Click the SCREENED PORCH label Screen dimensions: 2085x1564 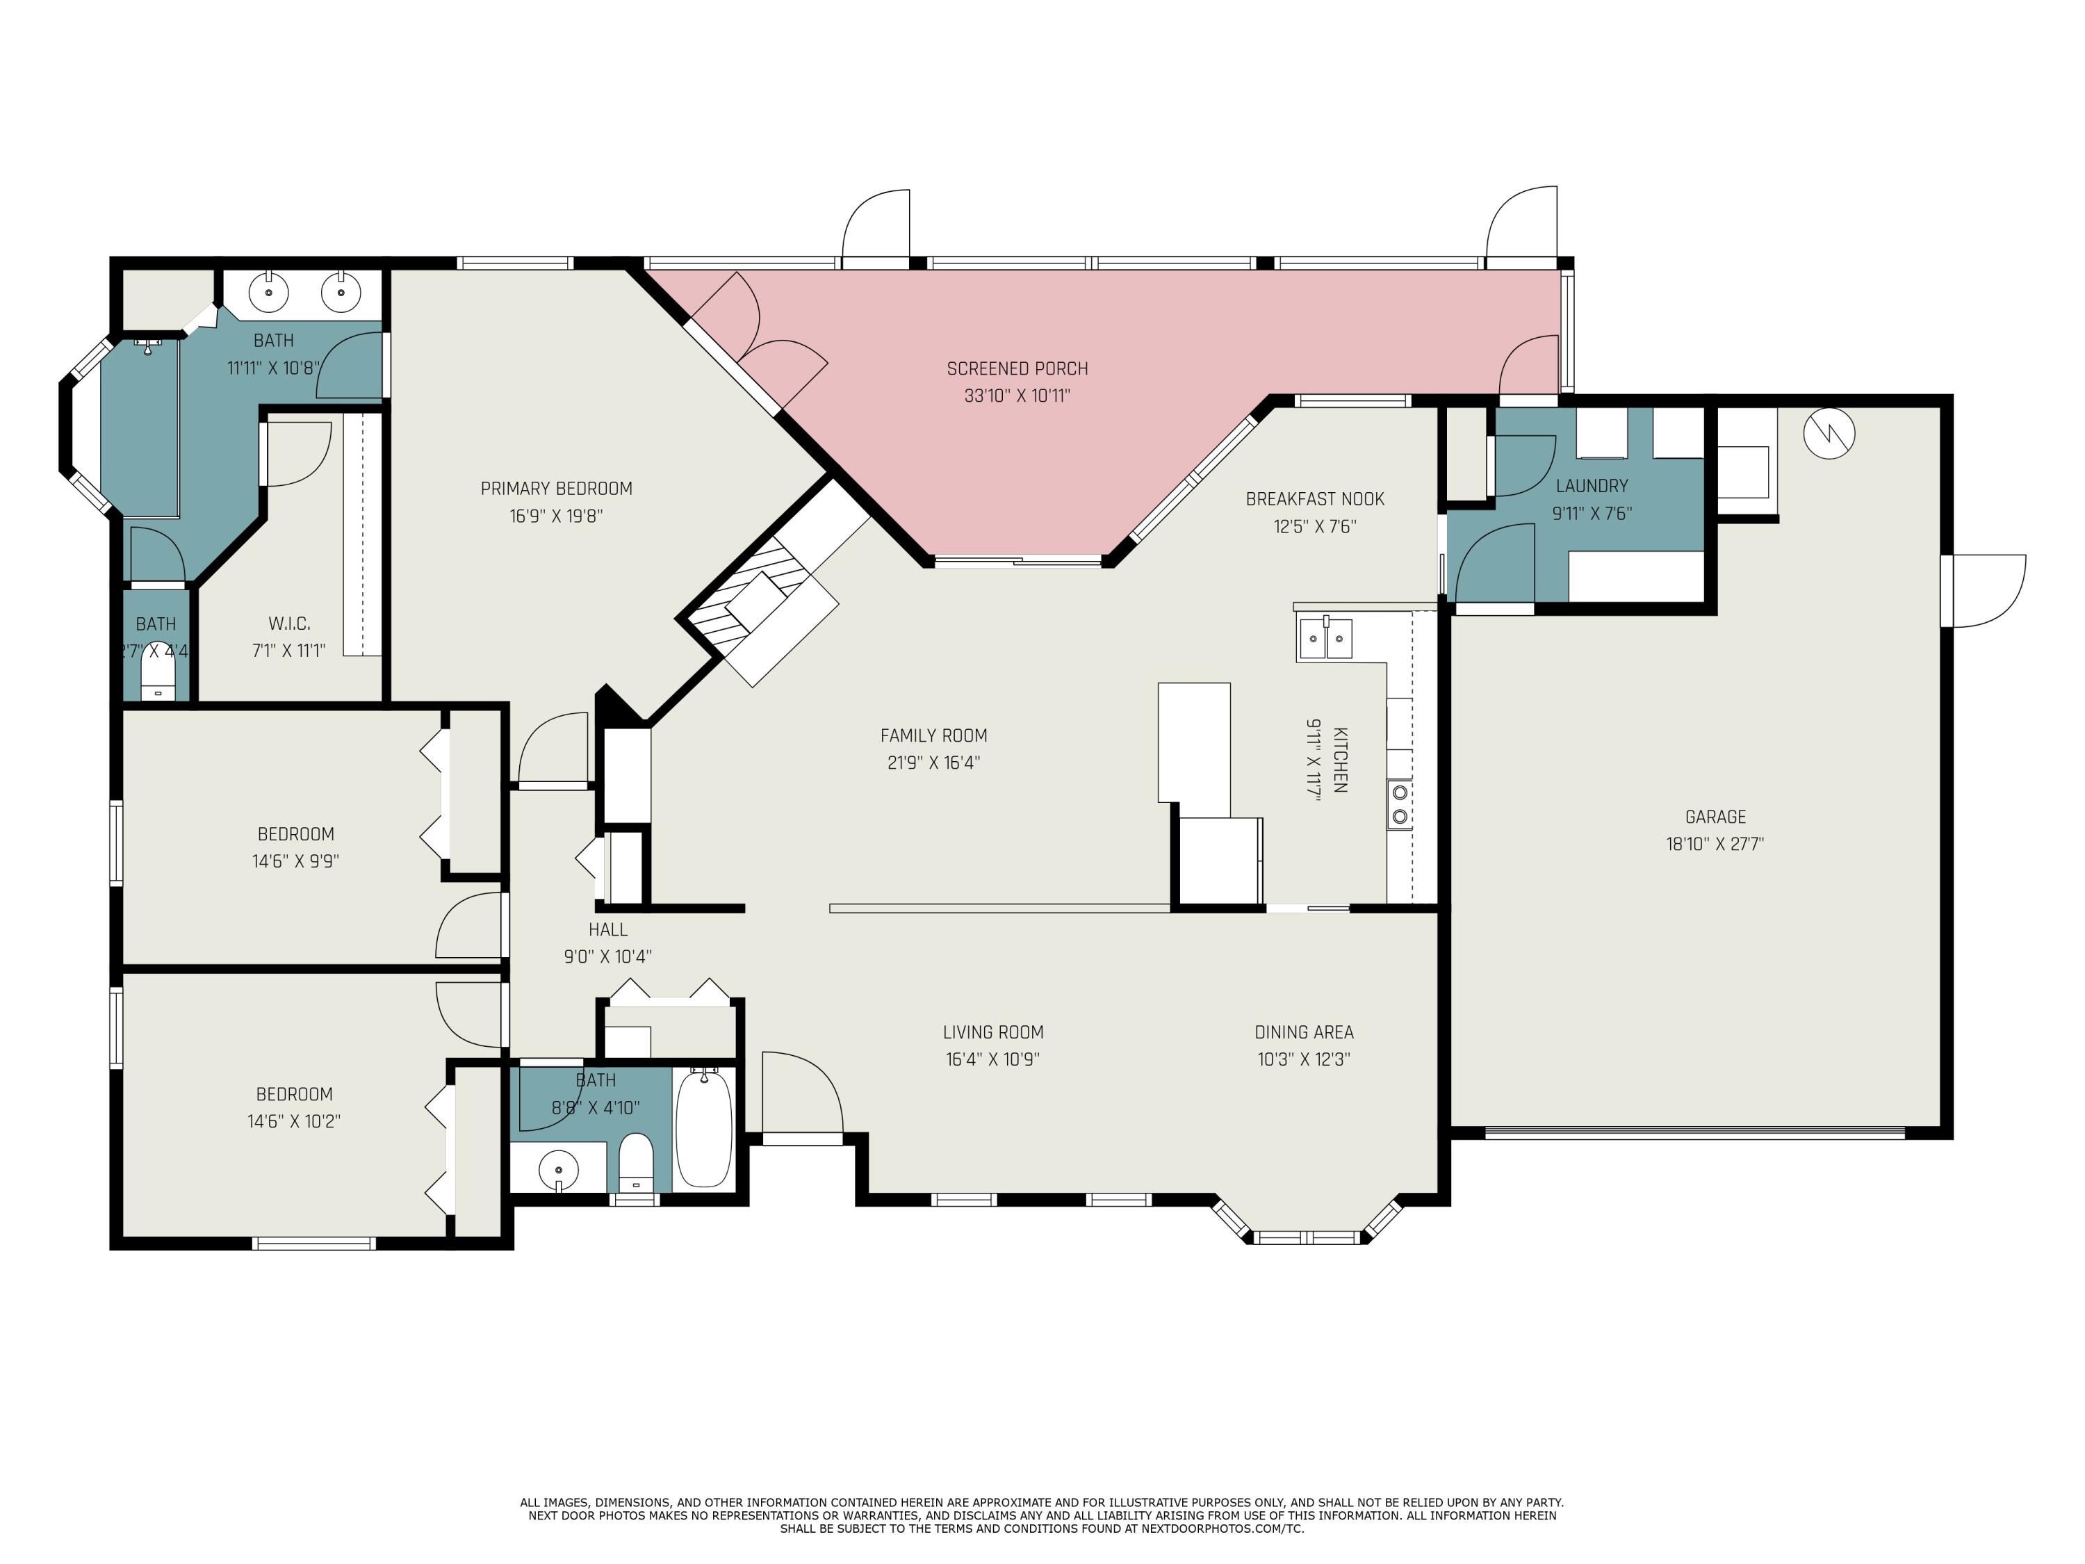pos(1017,368)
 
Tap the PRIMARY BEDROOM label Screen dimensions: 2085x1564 pos(556,489)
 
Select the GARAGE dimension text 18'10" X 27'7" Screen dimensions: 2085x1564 pos(1715,844)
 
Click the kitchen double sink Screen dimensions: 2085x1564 pos(1325,638)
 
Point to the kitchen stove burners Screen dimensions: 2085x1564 pos(1399,804)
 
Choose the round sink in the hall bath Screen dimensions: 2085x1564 pos(558,1171)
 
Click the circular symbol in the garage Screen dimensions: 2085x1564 pos(1829,434)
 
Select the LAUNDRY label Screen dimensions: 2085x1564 pos(1592,485)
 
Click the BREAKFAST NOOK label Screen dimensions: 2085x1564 pos(1315,498)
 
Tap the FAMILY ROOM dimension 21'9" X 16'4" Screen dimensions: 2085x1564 pos(933,763)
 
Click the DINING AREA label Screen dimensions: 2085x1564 pos(1304,1032)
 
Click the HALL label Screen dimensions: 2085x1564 pos(608,929)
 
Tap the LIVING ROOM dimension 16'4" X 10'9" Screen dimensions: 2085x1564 pos(992,1059)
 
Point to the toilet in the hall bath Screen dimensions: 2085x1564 pos(636,1162)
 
